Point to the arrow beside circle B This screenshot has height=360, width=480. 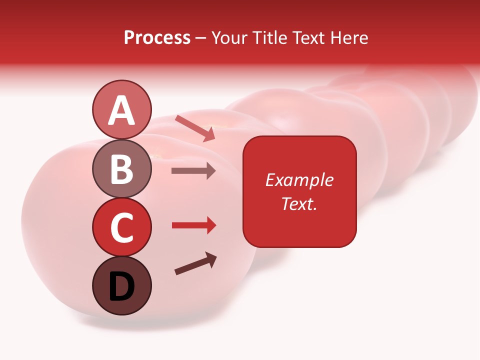(x=193, y=171)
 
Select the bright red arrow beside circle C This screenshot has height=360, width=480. (x=193, y=225)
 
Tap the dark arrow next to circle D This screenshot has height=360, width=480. (x=195, y=263)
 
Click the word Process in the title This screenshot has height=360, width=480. (x=157, y=38)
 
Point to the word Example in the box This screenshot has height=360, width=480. (x=299, y=180)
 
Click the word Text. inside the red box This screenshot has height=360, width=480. (x=299, y=203)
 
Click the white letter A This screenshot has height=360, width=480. (x=121, y=110)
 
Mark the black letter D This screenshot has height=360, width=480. (x=121, y=286)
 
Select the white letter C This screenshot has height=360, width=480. (x=121, y=227)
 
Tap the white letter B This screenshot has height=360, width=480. (x=121, y=169)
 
